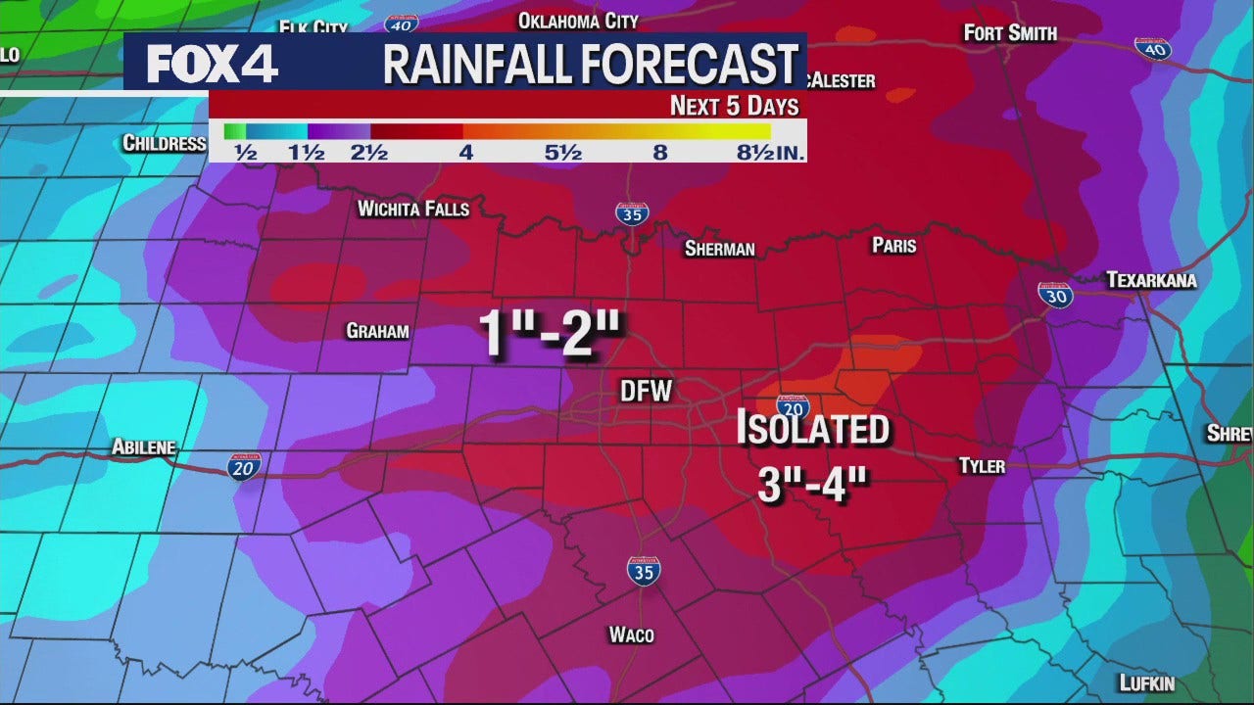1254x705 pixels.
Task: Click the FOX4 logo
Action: [213, 63]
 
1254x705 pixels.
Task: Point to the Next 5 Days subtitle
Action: [734, 106]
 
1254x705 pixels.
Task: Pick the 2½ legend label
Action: [369, 153]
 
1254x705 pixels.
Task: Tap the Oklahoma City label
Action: [577, 21]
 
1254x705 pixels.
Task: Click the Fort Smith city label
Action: [1010, 33]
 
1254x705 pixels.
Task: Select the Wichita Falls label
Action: [412, 209]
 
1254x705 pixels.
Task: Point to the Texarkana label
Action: [1151, 280]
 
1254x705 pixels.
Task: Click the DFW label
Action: [647, 391]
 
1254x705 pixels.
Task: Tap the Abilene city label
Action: [143, 447]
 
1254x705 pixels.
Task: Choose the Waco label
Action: [631, 634]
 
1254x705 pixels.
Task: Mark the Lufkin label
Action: [1146, 683]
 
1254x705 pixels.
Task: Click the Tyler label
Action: [982, 465]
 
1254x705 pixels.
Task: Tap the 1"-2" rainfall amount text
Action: [551, 334]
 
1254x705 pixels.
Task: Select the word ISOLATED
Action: [812, 429]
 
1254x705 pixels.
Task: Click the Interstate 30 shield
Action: [1055, 294]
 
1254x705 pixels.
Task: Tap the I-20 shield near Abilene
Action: [244, 466]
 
